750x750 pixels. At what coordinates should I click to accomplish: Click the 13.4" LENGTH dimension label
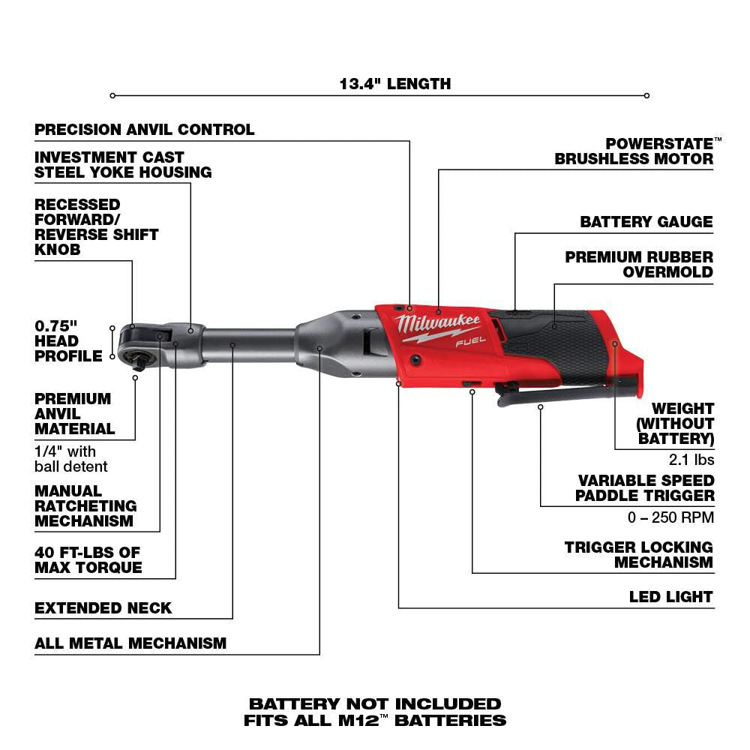pos(395,83)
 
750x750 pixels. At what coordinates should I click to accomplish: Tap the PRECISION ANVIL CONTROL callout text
pos(144,130)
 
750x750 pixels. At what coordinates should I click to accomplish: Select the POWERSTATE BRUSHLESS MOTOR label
pos(634,151)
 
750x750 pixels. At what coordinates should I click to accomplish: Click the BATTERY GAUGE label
pos(646,222)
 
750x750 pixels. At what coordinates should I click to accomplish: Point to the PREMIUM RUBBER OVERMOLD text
pos(639,264)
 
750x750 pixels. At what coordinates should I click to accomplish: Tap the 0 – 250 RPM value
pos(670,517)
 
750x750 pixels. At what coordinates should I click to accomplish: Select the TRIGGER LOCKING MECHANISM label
pos(638,554)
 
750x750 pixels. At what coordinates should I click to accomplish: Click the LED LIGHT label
pos(670,597)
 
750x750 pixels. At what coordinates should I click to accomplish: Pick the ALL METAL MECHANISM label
pos(130,643)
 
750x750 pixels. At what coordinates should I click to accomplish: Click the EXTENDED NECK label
pos(103,607)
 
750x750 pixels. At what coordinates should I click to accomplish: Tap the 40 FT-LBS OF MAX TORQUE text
pos(88,559)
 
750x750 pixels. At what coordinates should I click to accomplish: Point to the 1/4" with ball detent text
pos(70,459)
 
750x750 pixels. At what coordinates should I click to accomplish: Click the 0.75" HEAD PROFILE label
pos(67,341)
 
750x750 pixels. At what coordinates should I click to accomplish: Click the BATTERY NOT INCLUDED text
pos(374,703)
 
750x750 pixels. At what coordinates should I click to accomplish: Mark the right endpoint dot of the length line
pos(646,95)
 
